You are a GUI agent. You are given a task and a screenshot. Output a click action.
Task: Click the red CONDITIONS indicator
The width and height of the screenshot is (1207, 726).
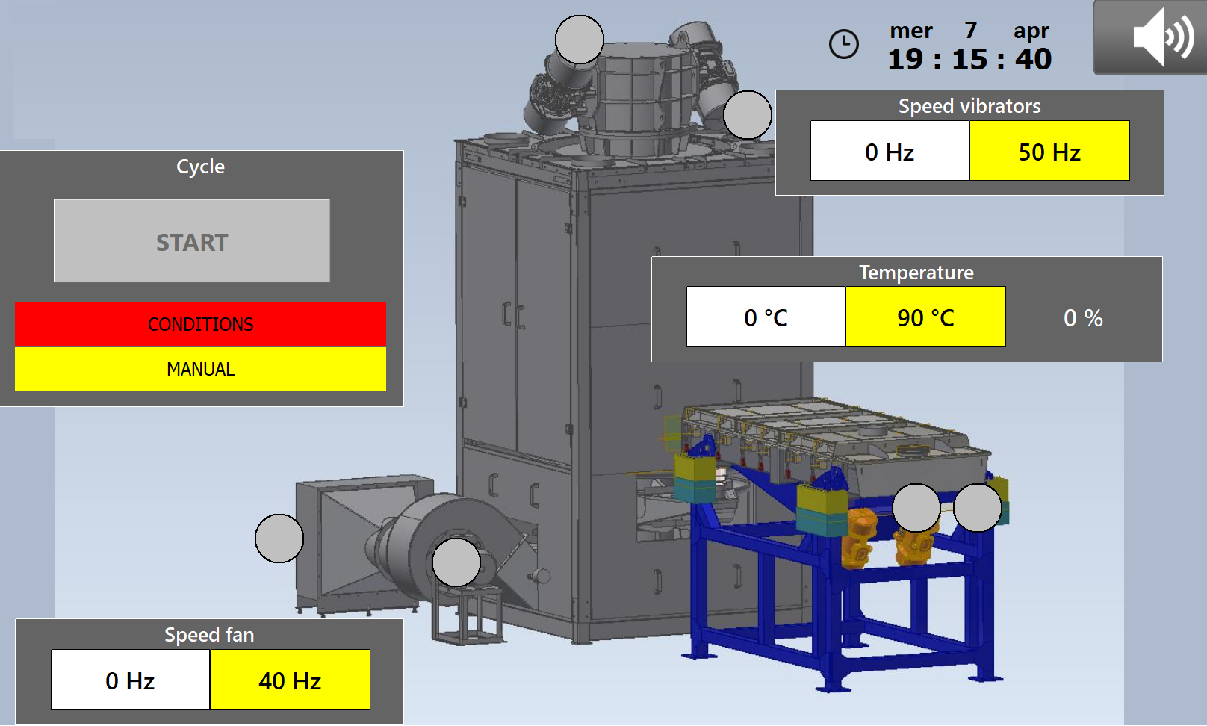200,324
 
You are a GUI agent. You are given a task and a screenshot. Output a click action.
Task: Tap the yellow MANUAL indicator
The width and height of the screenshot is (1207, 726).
200,369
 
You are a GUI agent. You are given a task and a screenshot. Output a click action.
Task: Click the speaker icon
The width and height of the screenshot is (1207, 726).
1163,37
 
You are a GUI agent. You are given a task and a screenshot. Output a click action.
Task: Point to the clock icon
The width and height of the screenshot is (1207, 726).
843,43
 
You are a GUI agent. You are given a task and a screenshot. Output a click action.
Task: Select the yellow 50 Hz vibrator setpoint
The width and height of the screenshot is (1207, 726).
1049,151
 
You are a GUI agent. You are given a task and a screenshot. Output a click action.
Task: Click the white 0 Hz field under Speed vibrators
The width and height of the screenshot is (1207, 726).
890,151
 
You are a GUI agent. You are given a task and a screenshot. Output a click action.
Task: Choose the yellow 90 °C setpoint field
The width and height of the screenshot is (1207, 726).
925,317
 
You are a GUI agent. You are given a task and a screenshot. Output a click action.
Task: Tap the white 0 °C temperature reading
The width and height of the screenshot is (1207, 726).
766,317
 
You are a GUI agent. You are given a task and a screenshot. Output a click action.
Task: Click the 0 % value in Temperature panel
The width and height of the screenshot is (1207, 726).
1083,318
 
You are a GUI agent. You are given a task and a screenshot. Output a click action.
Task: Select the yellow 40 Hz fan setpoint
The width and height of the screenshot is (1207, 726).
290,680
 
